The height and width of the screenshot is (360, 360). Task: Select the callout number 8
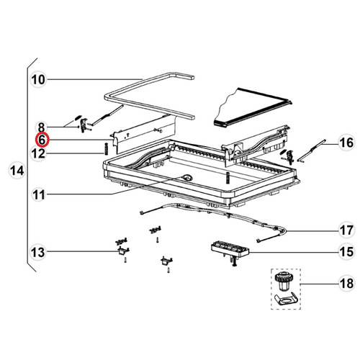pos(42,127)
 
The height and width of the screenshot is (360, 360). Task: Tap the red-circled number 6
pos(42,140)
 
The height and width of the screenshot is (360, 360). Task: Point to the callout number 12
pos(38,153)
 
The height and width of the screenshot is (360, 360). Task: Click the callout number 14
pos(15,171)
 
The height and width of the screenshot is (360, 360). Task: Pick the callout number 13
pos(38,252)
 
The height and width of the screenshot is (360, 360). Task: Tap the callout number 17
pos(346,230)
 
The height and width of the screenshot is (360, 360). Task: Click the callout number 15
pos(346,252)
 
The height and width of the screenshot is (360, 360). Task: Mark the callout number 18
pos(346,284)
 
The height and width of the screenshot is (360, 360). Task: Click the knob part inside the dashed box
pos(283,282)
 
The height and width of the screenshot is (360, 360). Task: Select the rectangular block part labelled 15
pos(230,251)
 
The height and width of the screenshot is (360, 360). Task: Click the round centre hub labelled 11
pos(187,177)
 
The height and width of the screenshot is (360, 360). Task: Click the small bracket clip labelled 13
pos(121,249)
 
